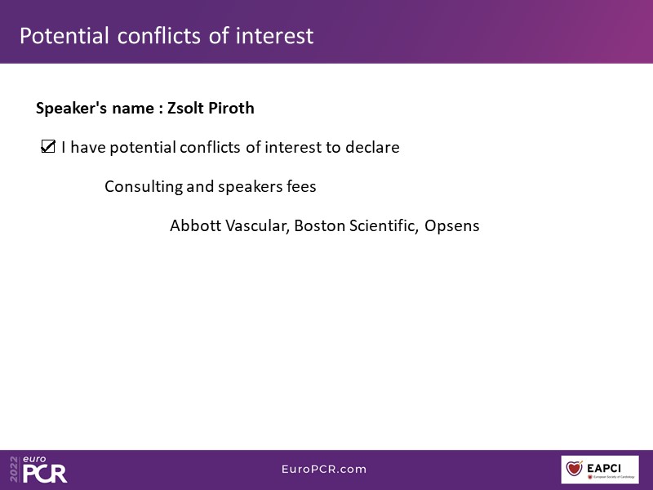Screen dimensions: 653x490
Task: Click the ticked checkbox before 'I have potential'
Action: (x=48, y=147)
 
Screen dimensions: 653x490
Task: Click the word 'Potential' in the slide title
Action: (x=64, y=35)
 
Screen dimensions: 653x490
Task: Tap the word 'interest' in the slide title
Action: (x=274, y=35)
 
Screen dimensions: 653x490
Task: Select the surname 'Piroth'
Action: (x=231, y=108)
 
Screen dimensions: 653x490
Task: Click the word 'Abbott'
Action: (x=195, y=225)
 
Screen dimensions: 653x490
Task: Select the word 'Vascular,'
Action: (x=257, y=226)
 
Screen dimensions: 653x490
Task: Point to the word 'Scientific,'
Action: (x=384, y=226)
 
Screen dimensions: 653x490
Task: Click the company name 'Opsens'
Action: (x=452, y=226)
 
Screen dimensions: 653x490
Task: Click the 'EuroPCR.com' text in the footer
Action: (x=324, y=469)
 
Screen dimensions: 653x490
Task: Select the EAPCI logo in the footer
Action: (x=600, y=470)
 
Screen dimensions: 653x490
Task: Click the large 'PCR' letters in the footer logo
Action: (x=45, y=474)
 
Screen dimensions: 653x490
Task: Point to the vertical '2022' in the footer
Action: (x=14, y=469)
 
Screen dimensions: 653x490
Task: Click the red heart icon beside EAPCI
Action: (x=574, y=468)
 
